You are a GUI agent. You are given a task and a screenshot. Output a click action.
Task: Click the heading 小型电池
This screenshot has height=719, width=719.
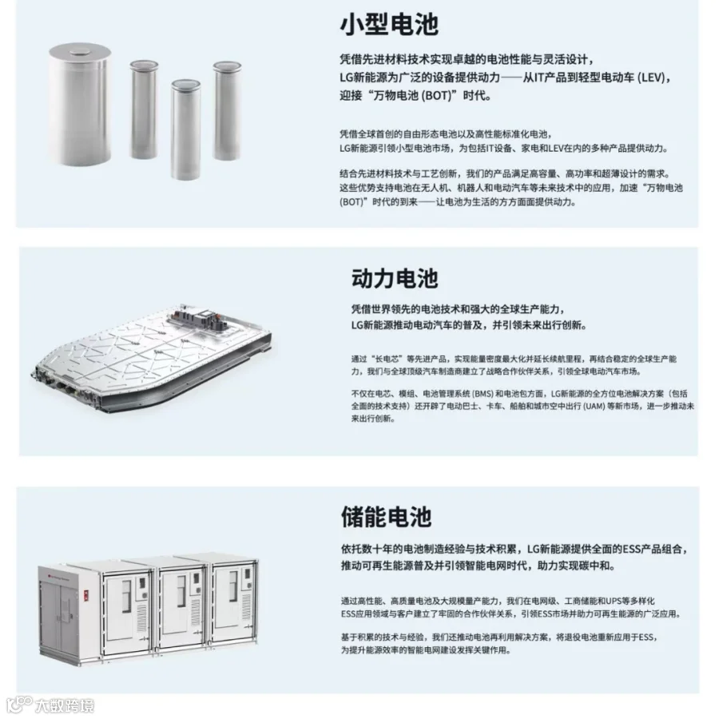(x=388, y=25)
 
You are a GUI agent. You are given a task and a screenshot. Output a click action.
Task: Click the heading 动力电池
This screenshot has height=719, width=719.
(x=395, y=278)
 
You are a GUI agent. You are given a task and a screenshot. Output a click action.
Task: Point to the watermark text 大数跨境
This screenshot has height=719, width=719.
(x=63, y=705)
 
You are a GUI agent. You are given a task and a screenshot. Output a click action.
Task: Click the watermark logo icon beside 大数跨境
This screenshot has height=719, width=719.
(x=18, y=705)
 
